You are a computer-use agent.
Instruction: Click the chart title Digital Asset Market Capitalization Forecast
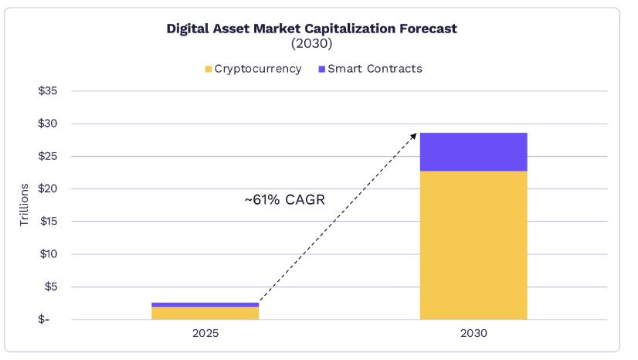tap(311, 29)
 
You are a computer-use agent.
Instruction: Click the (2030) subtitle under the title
tap(311, 44)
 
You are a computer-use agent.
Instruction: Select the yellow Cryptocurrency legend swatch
tap(208, 70)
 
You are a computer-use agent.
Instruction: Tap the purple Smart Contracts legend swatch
tap(321, 70)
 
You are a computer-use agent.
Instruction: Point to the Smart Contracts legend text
tap(375, 69)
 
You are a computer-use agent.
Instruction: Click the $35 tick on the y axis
tap(48, 91)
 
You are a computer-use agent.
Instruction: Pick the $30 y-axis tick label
tap(48, 124)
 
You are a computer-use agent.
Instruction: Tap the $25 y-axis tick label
tap(48, 156)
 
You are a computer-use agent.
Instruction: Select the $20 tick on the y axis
tap(48, 189)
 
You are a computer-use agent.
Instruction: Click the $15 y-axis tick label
tap(48, 222)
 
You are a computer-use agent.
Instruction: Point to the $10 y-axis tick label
tap(48, 254)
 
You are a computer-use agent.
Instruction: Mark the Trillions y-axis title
tap(24, 205)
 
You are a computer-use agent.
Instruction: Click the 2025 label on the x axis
tap(205, 334)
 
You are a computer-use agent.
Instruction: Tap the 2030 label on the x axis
tap(473, 334)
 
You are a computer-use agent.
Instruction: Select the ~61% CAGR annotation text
tap(284, 200)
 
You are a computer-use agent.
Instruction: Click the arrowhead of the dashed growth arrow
tap(414, 135)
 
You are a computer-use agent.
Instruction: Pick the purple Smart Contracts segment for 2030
tap(473, 151)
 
